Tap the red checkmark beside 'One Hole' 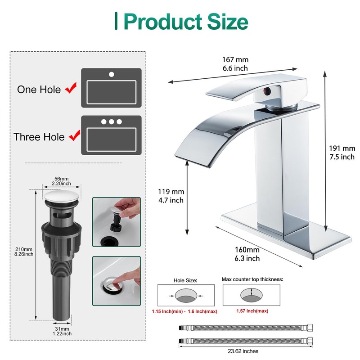click(71, 89)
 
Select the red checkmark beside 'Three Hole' click(73, 135)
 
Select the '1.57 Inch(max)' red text click(252, 311)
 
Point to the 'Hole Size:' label click(185, 280)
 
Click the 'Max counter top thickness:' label click(252, 279)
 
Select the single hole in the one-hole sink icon click(111, 74)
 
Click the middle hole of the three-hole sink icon click(111, 121)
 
